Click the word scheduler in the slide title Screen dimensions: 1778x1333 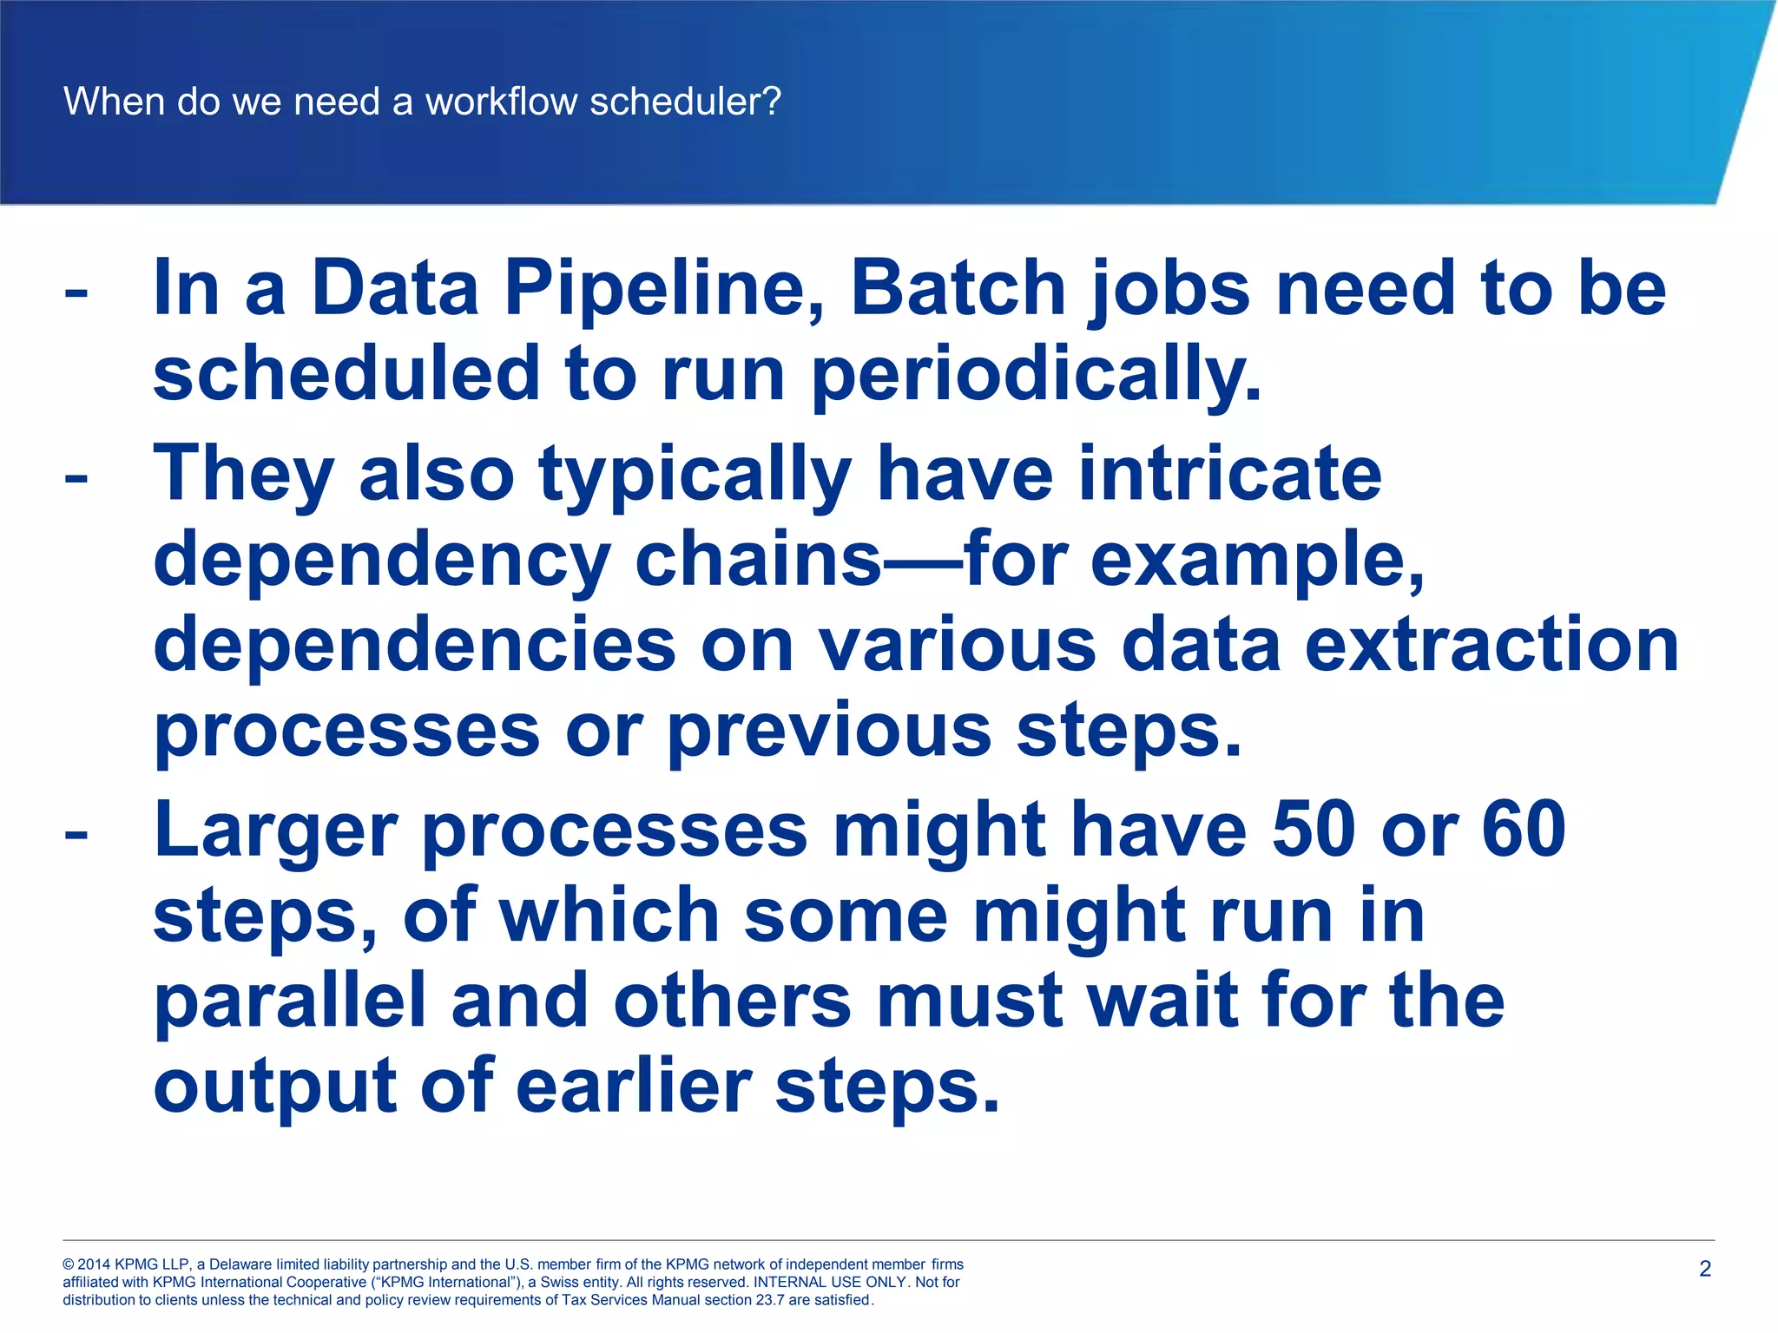coord(685,102)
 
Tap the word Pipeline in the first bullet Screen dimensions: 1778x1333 coord(665,289)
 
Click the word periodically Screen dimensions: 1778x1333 coord(1037,374)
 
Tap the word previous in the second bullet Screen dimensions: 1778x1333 coord(829,731)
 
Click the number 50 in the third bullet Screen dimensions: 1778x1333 coord(1314,829)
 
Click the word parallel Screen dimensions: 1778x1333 coord(290,1001)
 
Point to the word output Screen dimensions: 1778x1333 coord(275,1087)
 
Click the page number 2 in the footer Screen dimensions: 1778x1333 coord(1705,1269)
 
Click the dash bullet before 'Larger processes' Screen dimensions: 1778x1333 coord(76,834)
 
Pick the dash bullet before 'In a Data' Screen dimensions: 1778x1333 coord(76,293)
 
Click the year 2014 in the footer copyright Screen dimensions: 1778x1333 coord(95,1264)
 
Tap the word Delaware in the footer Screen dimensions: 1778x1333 coord(240,1264)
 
